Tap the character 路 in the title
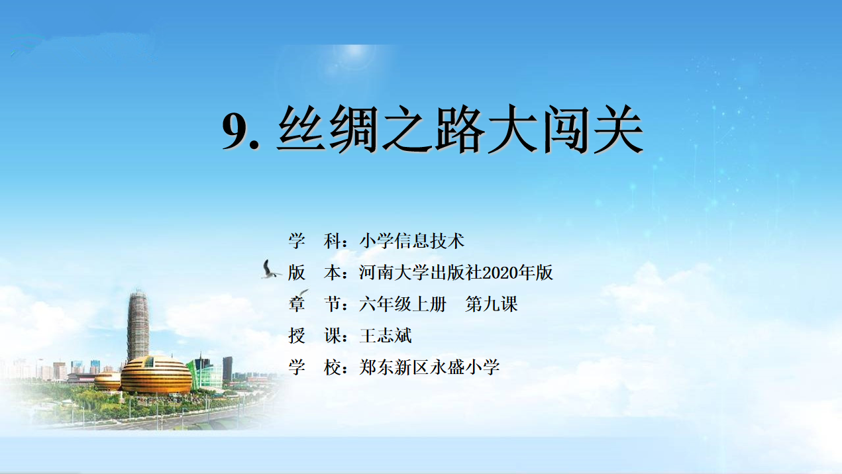click(x=460, y=129)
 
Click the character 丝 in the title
click(x=301, y=129)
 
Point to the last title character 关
click(x=618, y=129)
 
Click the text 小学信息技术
click(x=412, y=241)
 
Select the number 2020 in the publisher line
click(x=500, y=273)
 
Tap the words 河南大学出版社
click(x=421, y=273)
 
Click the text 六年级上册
click(x=403, y=305)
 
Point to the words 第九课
click(x=492, y=305)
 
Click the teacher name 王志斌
click(x=386, y=336)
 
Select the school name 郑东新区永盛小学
click(x=430, y=367)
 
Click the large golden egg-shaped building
click(x=156, y=375)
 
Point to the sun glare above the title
click(x=353, y=56)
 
